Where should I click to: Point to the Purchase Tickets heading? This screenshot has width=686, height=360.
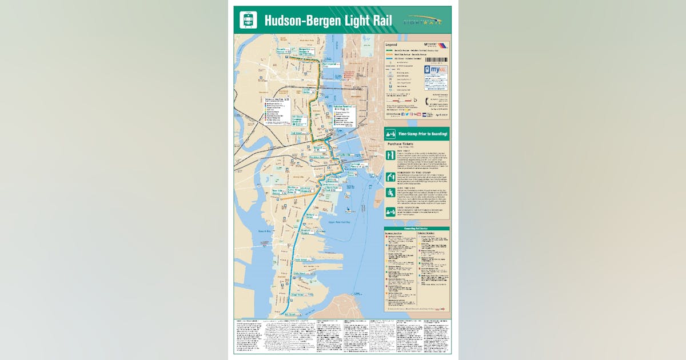click(x=404, y=144)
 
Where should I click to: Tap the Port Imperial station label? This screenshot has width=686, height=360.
click(x=331, y=65)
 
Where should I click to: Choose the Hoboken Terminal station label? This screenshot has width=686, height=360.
click(x=341, y=107)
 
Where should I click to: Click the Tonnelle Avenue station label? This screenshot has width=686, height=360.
click(x=285, y=50)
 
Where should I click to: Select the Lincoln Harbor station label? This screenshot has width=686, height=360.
click(x=309, y=90)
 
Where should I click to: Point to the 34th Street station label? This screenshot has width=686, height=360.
click(x=301, y=260)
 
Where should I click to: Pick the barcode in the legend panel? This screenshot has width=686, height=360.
click(x=436, y=60)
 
